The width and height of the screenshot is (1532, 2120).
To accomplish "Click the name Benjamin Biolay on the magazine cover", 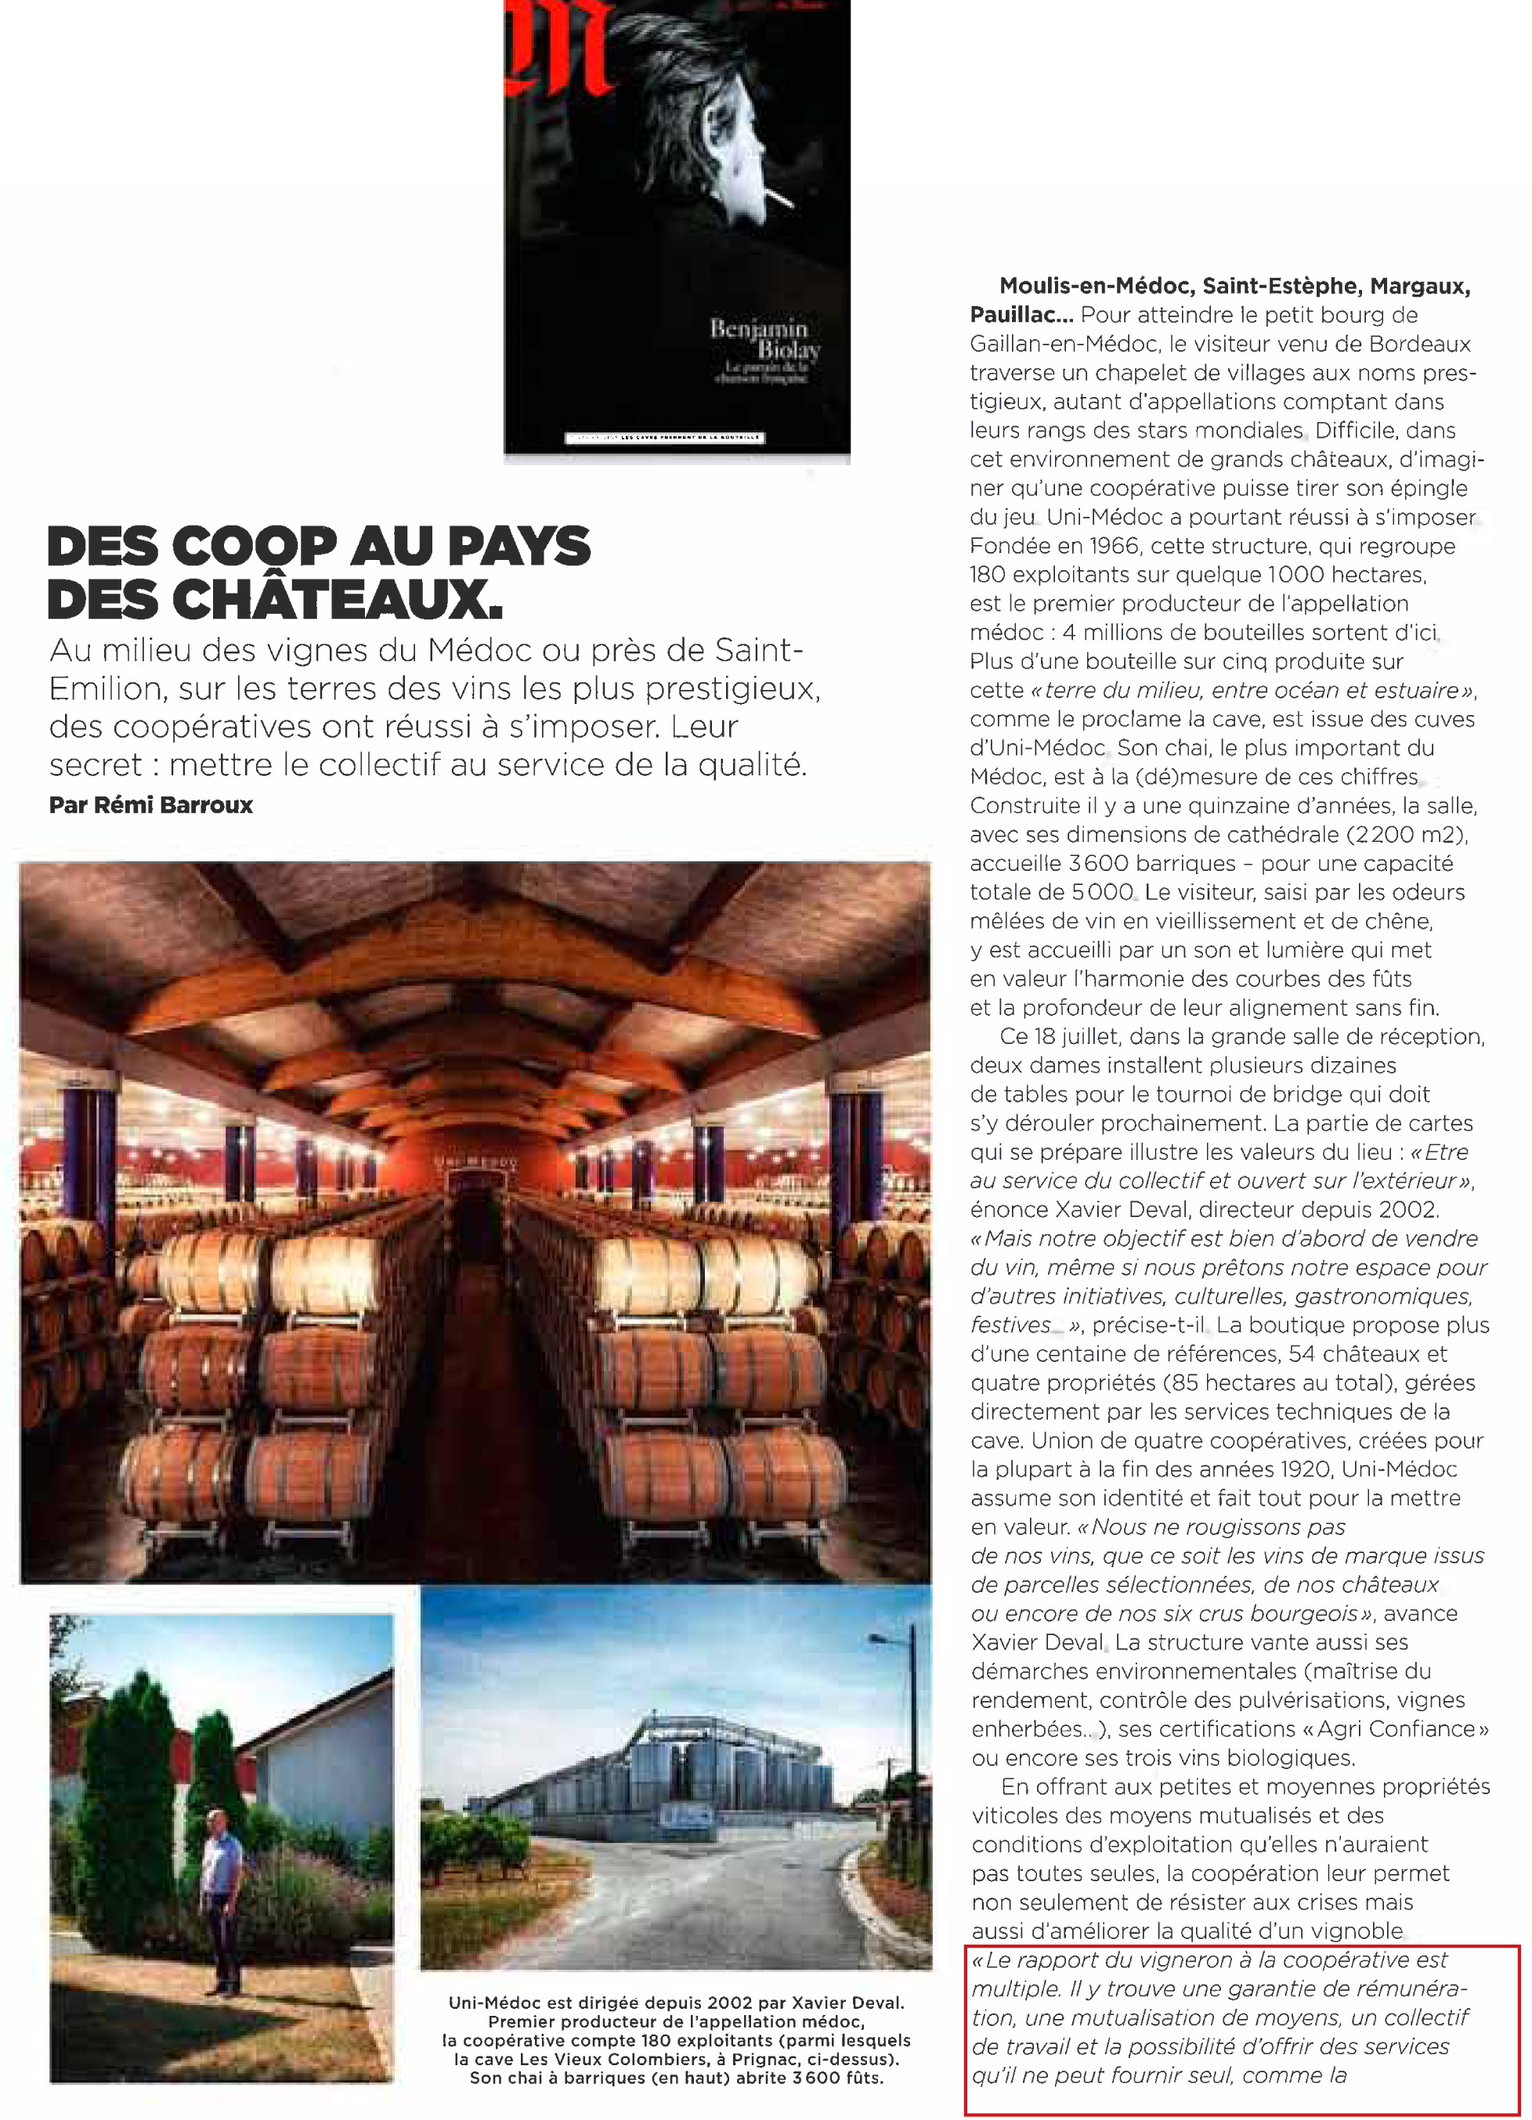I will tap(764, 338).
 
